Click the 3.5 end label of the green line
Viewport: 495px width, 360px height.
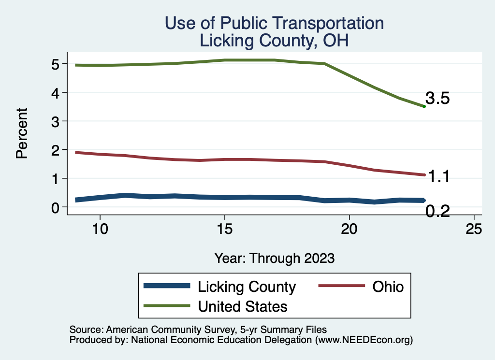tap(437, 99)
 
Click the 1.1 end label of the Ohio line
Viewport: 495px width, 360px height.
tap(439, 177)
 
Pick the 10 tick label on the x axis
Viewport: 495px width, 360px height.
tap(100, 229)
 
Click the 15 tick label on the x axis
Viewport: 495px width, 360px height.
tap(224, 229)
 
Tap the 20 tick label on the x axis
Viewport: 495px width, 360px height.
tap(349, 229)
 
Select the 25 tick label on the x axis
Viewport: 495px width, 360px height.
tap(474, 229)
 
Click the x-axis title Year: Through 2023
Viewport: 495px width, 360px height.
tap(275, 258)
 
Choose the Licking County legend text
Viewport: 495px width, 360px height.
tap(247, 287)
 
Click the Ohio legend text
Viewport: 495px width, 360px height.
tap(388, 287)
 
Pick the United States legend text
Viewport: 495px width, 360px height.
tap(243, 306)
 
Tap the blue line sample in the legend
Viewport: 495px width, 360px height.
tap(167, 286)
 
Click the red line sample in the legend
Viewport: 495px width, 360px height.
tap(341, 286)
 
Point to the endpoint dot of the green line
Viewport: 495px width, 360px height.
tap(424, 106)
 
